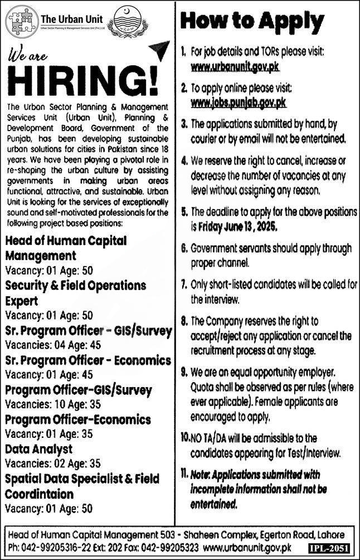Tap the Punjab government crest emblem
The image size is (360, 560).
click(x=128, y=23)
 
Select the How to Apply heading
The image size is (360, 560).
click(x=252, y=22)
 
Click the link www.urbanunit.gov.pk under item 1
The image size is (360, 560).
click(x=235, y=67)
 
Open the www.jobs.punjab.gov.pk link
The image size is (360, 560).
click(x=238, y=103)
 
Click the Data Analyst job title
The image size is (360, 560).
click(x=39, y=448)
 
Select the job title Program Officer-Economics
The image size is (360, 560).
click(x=78, y=419)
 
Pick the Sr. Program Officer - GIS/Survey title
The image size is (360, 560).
click(x=89, y=331)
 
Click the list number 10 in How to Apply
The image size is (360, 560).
click(x=184, y=438)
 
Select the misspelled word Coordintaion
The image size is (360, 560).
click(x=40, y=494)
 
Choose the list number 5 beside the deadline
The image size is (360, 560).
click(x=184, y=212)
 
